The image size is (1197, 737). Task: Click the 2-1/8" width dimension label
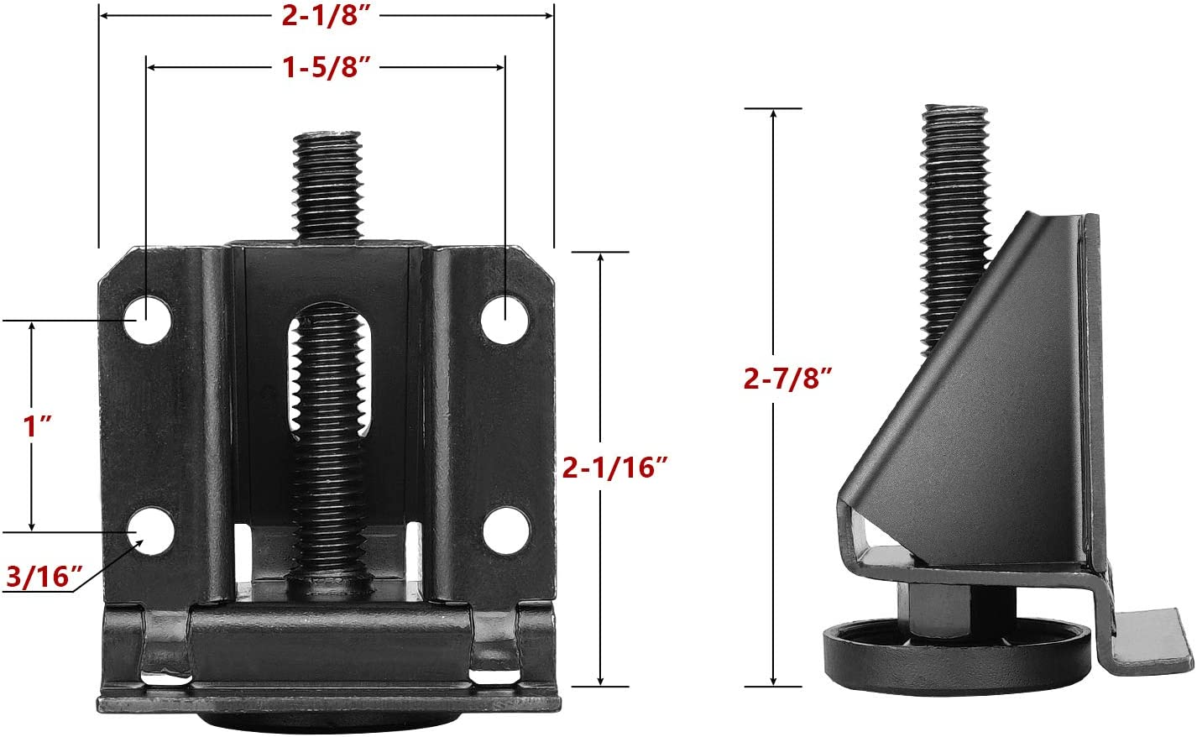[x=327, y=15]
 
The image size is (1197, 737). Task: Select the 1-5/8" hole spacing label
[x=326, y=66]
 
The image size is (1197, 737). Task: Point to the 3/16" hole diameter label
[x=44, y=577]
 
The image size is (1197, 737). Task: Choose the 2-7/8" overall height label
[x=787, y=379]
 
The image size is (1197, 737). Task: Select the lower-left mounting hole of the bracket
[x=152, y=532]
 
